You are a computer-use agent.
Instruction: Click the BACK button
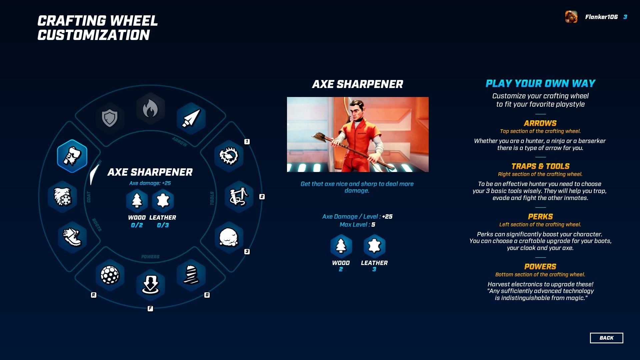coord(606,338)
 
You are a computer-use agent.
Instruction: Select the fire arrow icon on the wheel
coord(150,109)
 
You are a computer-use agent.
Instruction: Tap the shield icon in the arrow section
coord(110,118)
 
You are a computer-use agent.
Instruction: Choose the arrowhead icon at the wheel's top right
coord(191,118)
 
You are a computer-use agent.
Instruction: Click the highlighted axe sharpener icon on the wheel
coord(72,156)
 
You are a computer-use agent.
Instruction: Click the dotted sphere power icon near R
coord(110,275)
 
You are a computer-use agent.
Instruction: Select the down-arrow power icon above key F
coord(150,285)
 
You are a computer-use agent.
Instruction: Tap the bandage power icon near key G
coord(191,275)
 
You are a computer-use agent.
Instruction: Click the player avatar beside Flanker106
coord(571,17)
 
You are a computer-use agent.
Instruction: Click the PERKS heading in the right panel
coord(540,217)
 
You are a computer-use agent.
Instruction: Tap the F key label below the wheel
coord(150,308)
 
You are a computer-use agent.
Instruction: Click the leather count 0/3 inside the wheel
coord(163,225)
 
